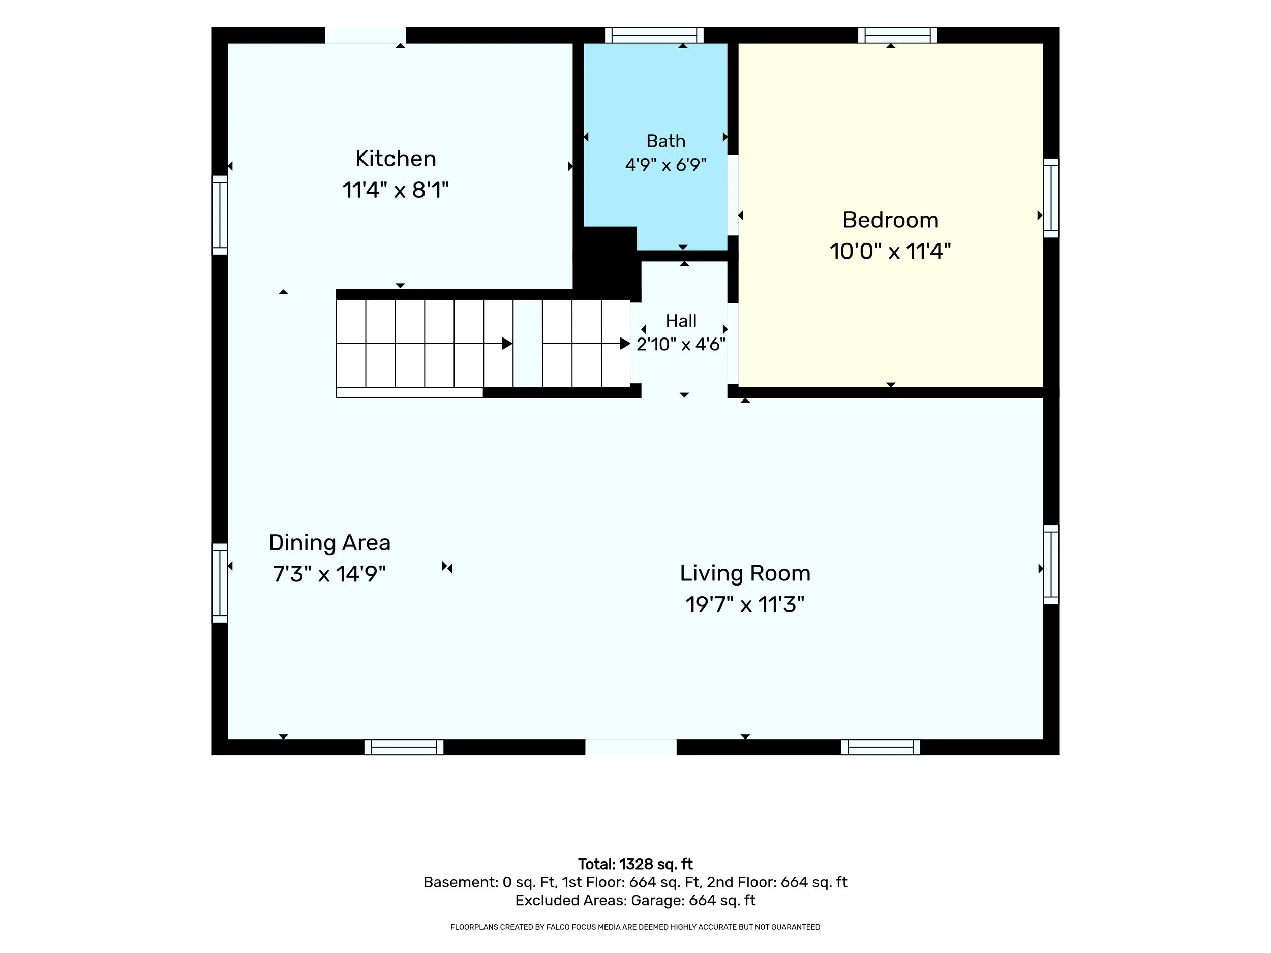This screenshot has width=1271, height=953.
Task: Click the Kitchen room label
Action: pyautogui.click(x=396, y=159)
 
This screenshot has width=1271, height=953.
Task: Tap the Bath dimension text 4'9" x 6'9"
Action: pyautogui.click(x=665, y=165)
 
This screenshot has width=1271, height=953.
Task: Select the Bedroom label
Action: pyautogui.click(x=890, y=220)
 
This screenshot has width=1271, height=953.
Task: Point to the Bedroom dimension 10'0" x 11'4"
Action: pyautogui.click(x=890, y=251)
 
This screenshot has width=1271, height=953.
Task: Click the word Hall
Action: pyautogui.click(x=681, y=321)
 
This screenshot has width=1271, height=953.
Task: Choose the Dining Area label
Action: pyautogui.click(x=329, y=543)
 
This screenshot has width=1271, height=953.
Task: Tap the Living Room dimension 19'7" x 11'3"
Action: pyautogui.click(x=745, y=604)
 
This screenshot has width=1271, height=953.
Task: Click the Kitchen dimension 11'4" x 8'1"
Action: pyautogui.click(x=396, y=190)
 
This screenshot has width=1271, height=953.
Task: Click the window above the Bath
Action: pyautogui.click(x=654, y=35)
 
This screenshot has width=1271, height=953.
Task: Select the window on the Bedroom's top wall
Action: pyautogui.click(x=897, y=35)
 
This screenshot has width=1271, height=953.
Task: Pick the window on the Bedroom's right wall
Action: pyautogui.click(x=1051, y=198)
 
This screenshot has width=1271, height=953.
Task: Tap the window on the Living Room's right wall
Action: pyautogui.click(x=1051, y=564)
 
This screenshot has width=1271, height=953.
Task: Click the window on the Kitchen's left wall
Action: pyautogui.click(x=220, y=215)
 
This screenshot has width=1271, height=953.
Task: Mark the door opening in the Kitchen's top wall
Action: pyautogui.click(x=366, y=35)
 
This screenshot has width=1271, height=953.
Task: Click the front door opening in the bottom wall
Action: pyautogui.click(x=631, y=747)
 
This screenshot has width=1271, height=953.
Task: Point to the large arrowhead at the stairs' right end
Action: pyautogui.click(x=625, y=344)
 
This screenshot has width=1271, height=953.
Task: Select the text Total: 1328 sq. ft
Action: pyautogui.click(x=635, y=864)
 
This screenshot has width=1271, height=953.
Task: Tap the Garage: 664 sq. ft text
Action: pyautogui.click(x=693, y=900)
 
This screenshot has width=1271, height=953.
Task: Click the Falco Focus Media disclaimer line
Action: pyautogui.click(x=635, y=927)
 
